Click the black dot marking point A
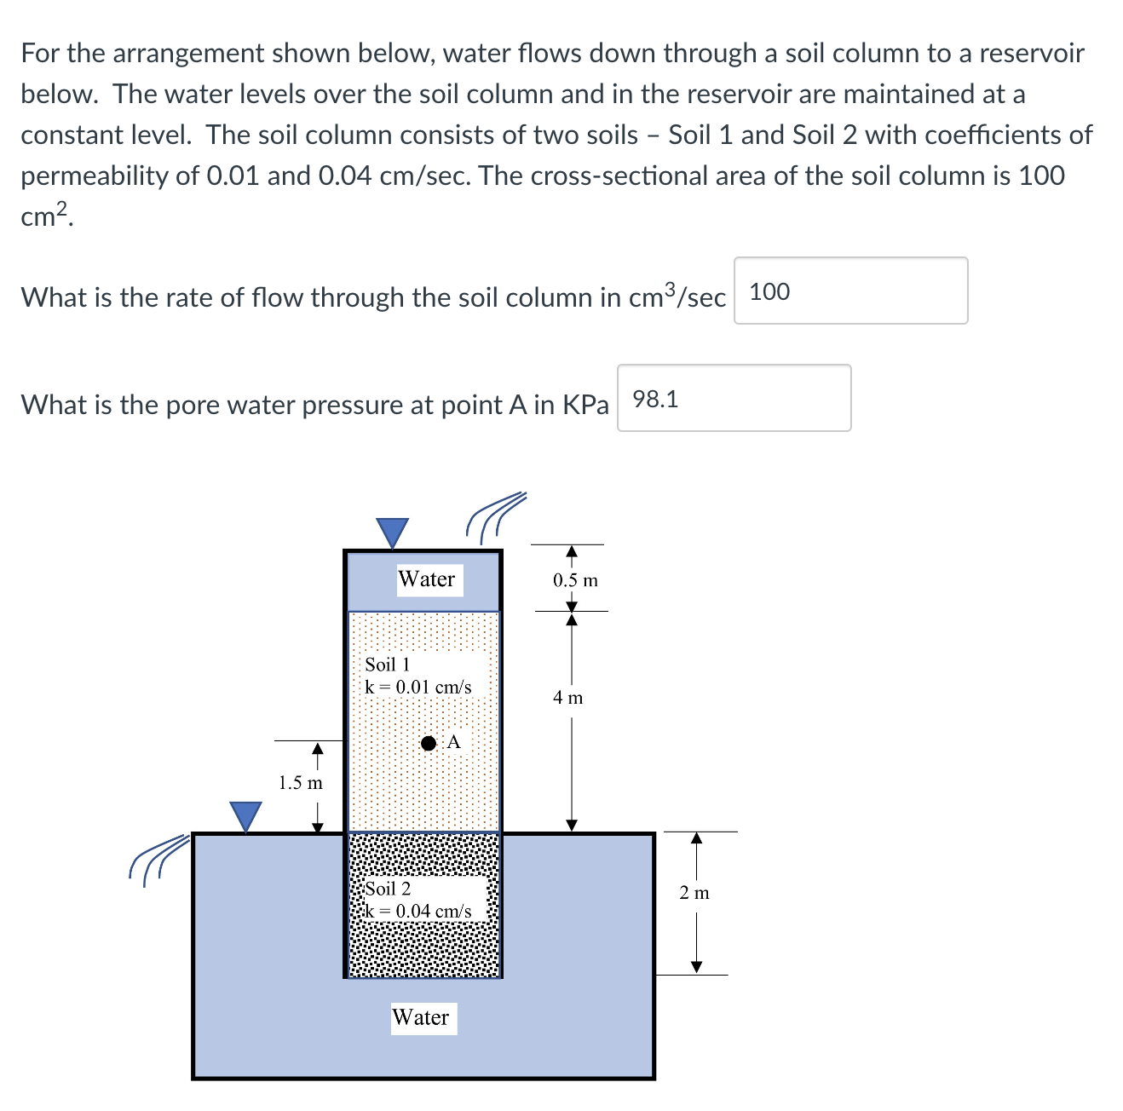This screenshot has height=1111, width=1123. click(429, 743)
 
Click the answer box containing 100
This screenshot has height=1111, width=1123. click(850, 291)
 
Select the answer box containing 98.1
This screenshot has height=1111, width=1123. click(734, 398)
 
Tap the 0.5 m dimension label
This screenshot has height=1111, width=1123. click(575, 580)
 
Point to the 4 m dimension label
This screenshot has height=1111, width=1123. click(568, 698)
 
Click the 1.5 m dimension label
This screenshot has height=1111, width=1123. click(301, 782)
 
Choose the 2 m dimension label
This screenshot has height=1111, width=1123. click(694, 893)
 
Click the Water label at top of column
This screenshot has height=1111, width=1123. click(427, 579)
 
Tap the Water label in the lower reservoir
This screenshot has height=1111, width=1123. click(421, 1017)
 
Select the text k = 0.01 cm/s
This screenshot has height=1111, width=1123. click(418, 687)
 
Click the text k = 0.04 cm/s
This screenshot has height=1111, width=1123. click(418, 911)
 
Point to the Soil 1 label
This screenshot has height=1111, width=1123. click(388, 665)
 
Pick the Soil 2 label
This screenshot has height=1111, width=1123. click(388, 889)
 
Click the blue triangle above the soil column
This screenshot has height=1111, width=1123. click(393, 532)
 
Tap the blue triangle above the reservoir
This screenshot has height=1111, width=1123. click(246, 815)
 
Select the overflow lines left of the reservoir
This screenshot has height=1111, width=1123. click(158, 859)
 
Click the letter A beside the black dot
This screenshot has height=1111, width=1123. click(453, 742)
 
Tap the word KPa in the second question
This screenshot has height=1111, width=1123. click(586, 404)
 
